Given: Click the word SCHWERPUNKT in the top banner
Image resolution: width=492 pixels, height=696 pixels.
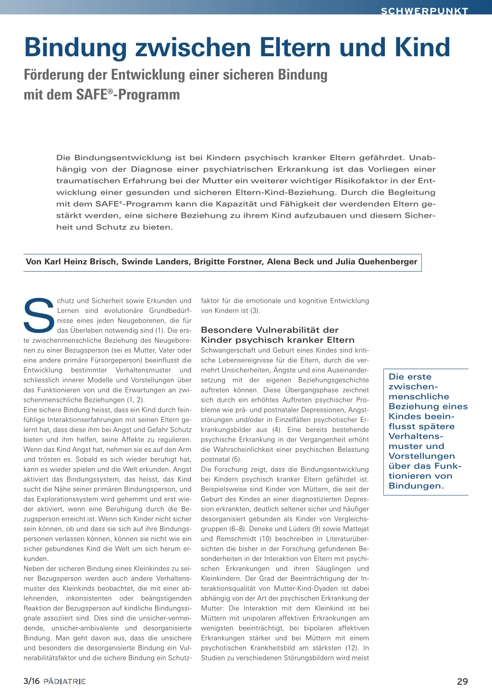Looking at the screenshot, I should [424, 11].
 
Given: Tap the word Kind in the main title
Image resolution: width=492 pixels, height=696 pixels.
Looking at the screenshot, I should [422, 48].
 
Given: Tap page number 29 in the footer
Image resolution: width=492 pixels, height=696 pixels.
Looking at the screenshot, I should [462, 681].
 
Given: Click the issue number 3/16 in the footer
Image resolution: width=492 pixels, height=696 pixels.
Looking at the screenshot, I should [31, 681].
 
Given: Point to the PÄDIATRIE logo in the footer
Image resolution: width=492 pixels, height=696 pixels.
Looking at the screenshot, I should [64, 681].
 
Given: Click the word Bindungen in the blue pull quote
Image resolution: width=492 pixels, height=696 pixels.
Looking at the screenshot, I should [416, 486].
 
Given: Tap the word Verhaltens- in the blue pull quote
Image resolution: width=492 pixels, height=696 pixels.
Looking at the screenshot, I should [416, 436].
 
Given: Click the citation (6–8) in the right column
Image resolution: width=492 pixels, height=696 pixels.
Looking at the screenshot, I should [237, 529].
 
